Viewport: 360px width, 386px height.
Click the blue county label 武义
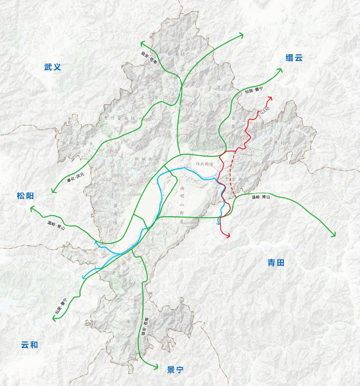tap(52, 67)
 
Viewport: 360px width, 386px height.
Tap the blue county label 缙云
tap(294, 58)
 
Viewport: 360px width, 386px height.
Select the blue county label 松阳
tap(25, 196)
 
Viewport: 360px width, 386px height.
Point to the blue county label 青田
tap(276, 263)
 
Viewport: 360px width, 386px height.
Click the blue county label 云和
tap(29, 345)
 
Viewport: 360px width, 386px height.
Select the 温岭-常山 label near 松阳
tap(56, 225)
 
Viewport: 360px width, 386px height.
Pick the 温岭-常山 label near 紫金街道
tap(261, 197)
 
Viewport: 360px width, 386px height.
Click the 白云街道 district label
tap(204, 164)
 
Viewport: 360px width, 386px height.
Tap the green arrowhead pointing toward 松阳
tap(32, 208)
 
